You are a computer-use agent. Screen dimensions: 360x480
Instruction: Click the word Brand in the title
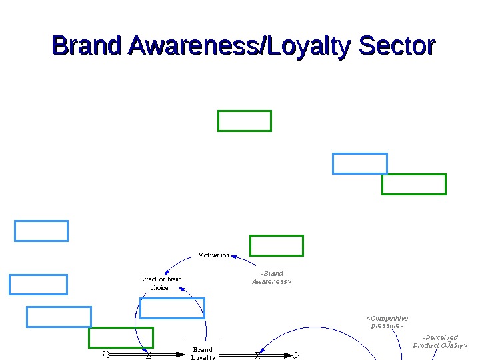87,47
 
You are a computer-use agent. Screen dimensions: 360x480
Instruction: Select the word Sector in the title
397,47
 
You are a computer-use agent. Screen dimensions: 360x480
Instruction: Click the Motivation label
213,255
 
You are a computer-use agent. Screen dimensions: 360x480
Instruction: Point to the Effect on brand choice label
161,283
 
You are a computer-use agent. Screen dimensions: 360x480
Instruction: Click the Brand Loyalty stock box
202,351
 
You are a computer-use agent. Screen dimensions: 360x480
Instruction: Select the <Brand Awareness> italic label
271,277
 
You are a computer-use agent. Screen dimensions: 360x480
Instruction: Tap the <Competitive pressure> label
387,322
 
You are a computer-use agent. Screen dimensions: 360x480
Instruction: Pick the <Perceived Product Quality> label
440,341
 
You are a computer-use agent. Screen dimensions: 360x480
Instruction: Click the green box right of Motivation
277,245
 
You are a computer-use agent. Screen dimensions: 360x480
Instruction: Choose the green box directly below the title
245,121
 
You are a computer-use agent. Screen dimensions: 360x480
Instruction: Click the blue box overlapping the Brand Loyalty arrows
172,308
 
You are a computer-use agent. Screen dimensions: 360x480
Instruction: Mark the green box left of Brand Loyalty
121,337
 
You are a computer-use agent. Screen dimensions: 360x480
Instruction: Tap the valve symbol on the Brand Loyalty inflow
149,355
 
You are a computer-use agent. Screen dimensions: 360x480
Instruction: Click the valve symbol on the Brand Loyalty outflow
258,355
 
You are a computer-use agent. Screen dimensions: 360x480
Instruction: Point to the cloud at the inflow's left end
106,355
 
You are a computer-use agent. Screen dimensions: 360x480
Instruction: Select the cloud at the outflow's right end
297,355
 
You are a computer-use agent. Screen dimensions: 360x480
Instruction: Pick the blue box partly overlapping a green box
359,163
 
